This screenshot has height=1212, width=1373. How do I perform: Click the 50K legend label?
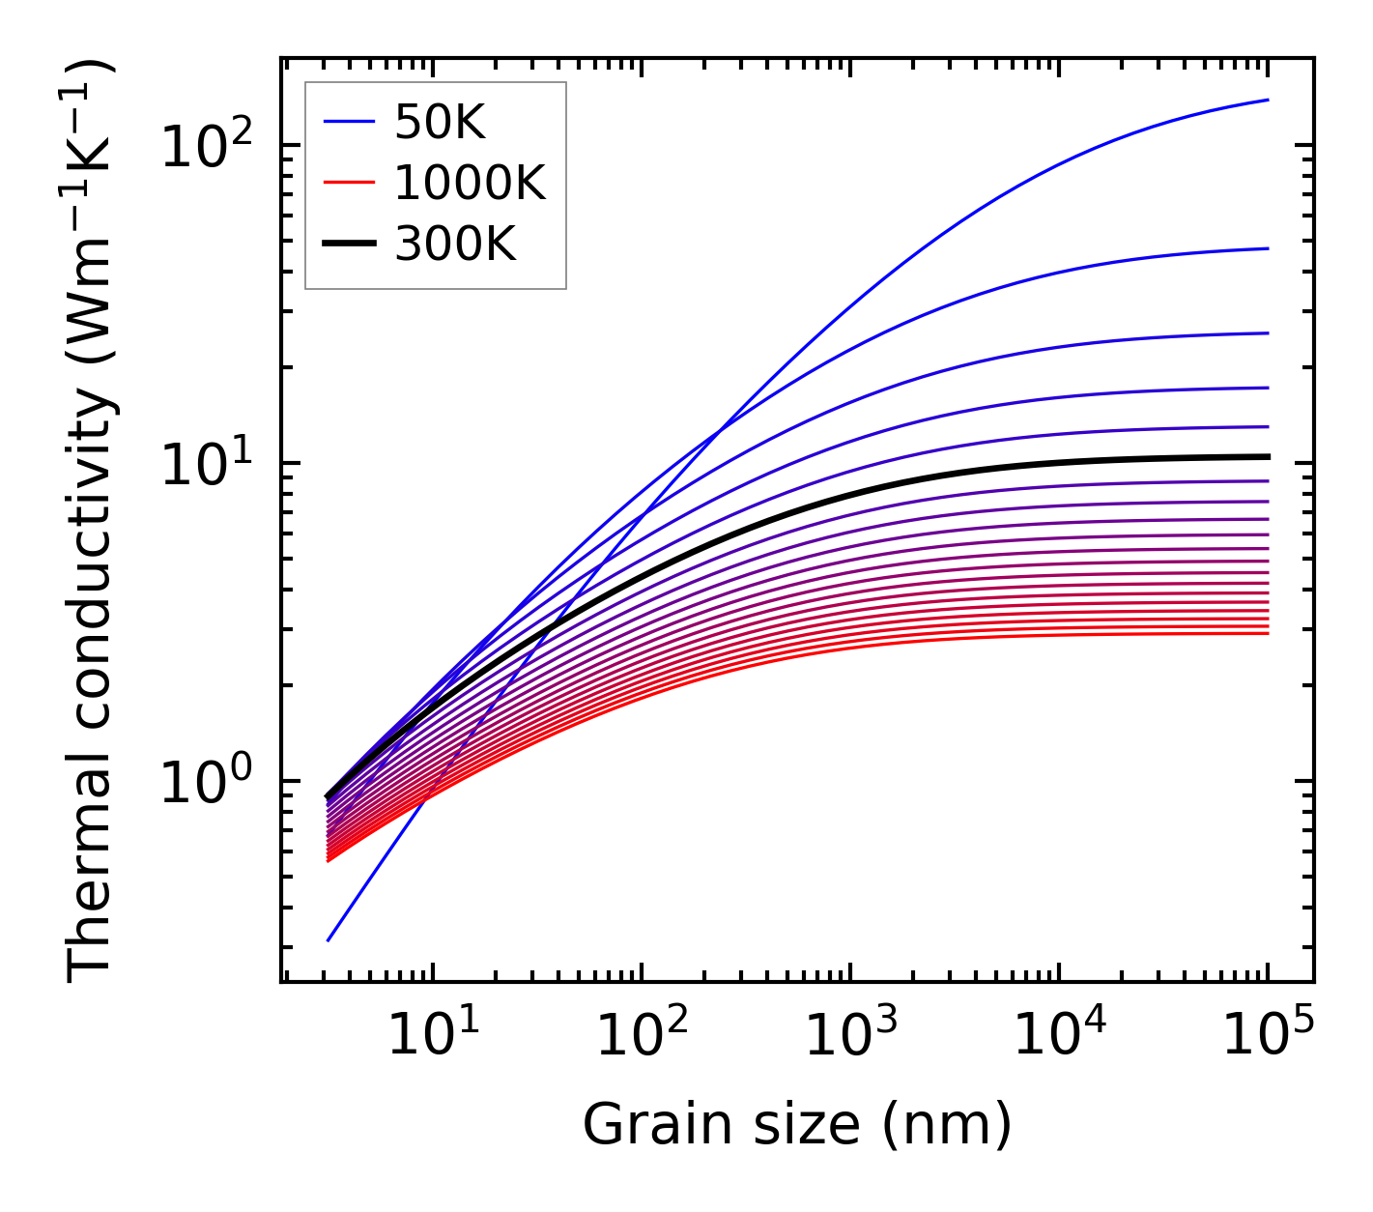[439, 123]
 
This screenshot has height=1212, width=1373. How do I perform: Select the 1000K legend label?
[470, 184]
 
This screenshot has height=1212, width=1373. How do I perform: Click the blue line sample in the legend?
[348, 123]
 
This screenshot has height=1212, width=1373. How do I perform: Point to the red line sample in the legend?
[348, 184]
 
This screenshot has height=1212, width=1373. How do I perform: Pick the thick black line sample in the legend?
[348, 245]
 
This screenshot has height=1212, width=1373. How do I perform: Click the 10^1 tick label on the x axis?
[433, 1035]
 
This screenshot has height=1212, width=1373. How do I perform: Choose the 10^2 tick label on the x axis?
[642, 1035]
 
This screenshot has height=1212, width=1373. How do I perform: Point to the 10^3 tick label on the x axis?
[850, 1035]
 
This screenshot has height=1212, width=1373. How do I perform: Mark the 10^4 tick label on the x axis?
[1059, 1035]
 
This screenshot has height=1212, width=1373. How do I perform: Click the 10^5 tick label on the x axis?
[1268, 1035]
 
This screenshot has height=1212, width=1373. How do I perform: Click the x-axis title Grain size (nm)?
[797, 1125]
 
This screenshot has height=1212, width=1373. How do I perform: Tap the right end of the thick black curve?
[1267, 456]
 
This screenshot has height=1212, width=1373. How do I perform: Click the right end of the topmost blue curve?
[1267, 100]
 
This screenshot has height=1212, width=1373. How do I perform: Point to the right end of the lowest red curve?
[1267, 633]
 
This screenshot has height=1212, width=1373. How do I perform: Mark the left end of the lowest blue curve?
[329, 940]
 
